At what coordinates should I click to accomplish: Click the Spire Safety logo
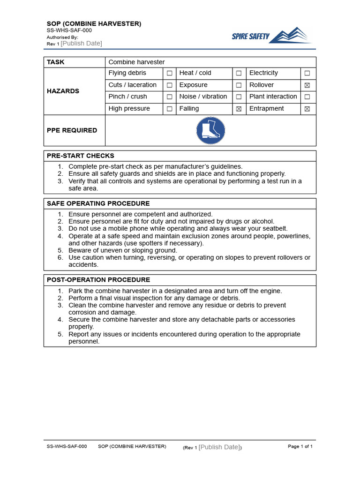(271, 36)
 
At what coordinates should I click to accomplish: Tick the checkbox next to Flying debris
(169, 74)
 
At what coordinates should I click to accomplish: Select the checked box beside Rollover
(307, 85)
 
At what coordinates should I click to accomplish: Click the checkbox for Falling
(239, 109)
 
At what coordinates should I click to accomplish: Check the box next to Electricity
(307, 74)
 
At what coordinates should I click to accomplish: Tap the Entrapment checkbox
(307, 109)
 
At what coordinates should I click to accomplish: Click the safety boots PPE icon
(210, 130)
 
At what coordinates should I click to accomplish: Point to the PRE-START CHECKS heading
(80, 156)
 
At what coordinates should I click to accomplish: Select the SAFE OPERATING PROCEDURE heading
(98, 203)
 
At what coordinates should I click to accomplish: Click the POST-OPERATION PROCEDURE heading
(98, 280)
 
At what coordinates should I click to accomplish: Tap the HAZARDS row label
(63, 91)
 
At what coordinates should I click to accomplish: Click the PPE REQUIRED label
(72, 130)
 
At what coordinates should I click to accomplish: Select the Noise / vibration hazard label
(203, 97)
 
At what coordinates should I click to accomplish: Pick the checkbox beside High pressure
(169, 109)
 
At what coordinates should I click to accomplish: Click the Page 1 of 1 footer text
(300, 446)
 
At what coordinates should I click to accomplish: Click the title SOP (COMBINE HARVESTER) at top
(94, 23)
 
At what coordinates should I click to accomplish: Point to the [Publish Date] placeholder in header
(81, 44)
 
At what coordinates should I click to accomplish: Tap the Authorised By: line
(62, 37)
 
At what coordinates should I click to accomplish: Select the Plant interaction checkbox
(307, 97)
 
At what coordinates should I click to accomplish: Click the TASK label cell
(56, 62)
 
